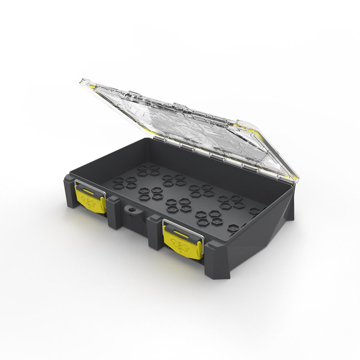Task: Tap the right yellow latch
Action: pyautogui.click(x=182, y=242)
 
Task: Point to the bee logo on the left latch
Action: pyautogui.click(x=90, y=202)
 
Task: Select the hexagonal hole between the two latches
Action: pyautogui.click(x=130, y=210)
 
